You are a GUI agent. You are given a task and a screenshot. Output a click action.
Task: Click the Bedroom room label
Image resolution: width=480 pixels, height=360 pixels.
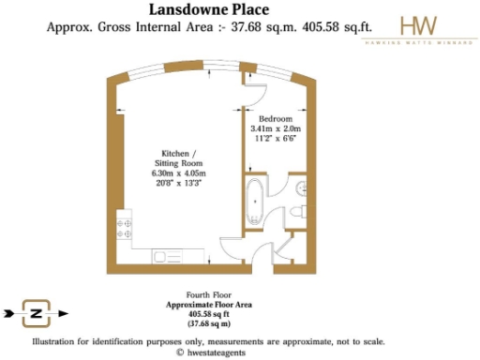coord(277,120)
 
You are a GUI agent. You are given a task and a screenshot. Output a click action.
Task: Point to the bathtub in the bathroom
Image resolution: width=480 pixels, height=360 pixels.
coord(255,200)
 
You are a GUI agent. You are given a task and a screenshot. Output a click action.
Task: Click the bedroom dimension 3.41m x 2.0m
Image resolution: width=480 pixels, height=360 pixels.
coord(277,129)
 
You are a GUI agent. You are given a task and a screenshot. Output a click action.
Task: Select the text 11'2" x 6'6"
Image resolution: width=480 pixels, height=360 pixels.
coord(277,139)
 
